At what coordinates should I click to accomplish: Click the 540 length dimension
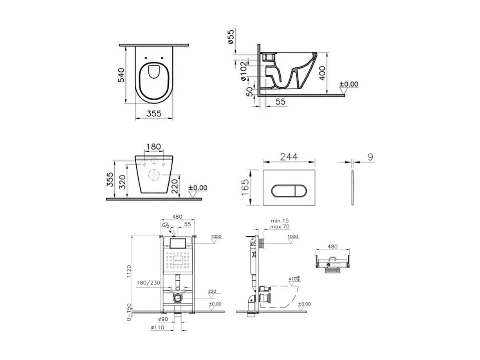121,75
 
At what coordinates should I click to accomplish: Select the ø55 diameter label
231,36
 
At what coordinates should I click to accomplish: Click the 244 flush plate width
289,157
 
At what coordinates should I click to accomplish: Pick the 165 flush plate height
245,188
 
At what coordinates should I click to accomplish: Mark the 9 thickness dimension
370,157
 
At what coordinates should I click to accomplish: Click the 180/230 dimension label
148,282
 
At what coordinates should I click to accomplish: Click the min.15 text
280,221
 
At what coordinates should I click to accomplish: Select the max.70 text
280,226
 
